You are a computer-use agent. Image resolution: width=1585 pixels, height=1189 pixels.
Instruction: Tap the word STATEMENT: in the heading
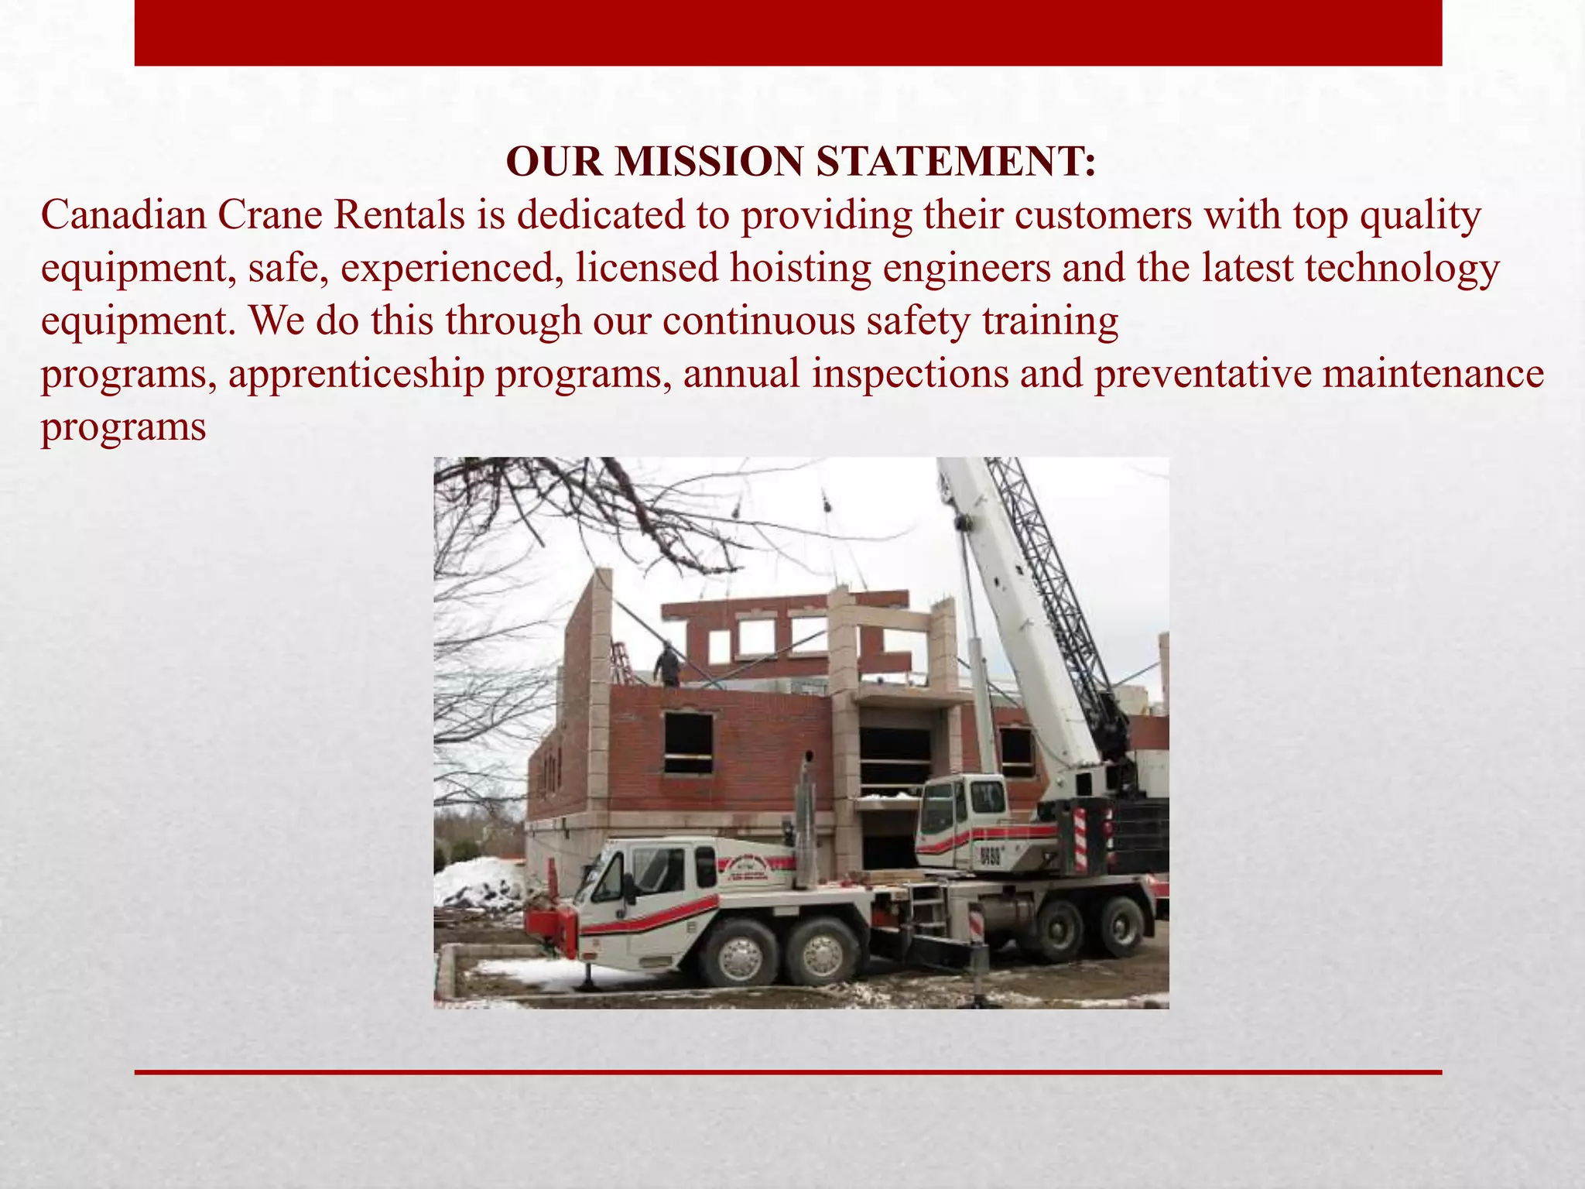[x=956, y=162]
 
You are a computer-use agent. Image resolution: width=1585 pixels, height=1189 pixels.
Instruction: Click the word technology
[x=1402, y=268]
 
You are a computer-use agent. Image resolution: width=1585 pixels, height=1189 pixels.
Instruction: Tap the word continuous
[x=758, y=320]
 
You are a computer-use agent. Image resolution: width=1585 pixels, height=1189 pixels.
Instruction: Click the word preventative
[x=1203, y=374]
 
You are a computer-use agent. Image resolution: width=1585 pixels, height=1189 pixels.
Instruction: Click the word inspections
[x=910, y=374]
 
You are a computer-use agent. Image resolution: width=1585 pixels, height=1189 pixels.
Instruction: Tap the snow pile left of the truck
[x=476, y=883]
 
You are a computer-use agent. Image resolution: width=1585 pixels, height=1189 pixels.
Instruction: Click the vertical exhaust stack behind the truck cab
[x=805, y=821]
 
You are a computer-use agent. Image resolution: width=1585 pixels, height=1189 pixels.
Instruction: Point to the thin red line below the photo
[x=788, y=1072]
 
